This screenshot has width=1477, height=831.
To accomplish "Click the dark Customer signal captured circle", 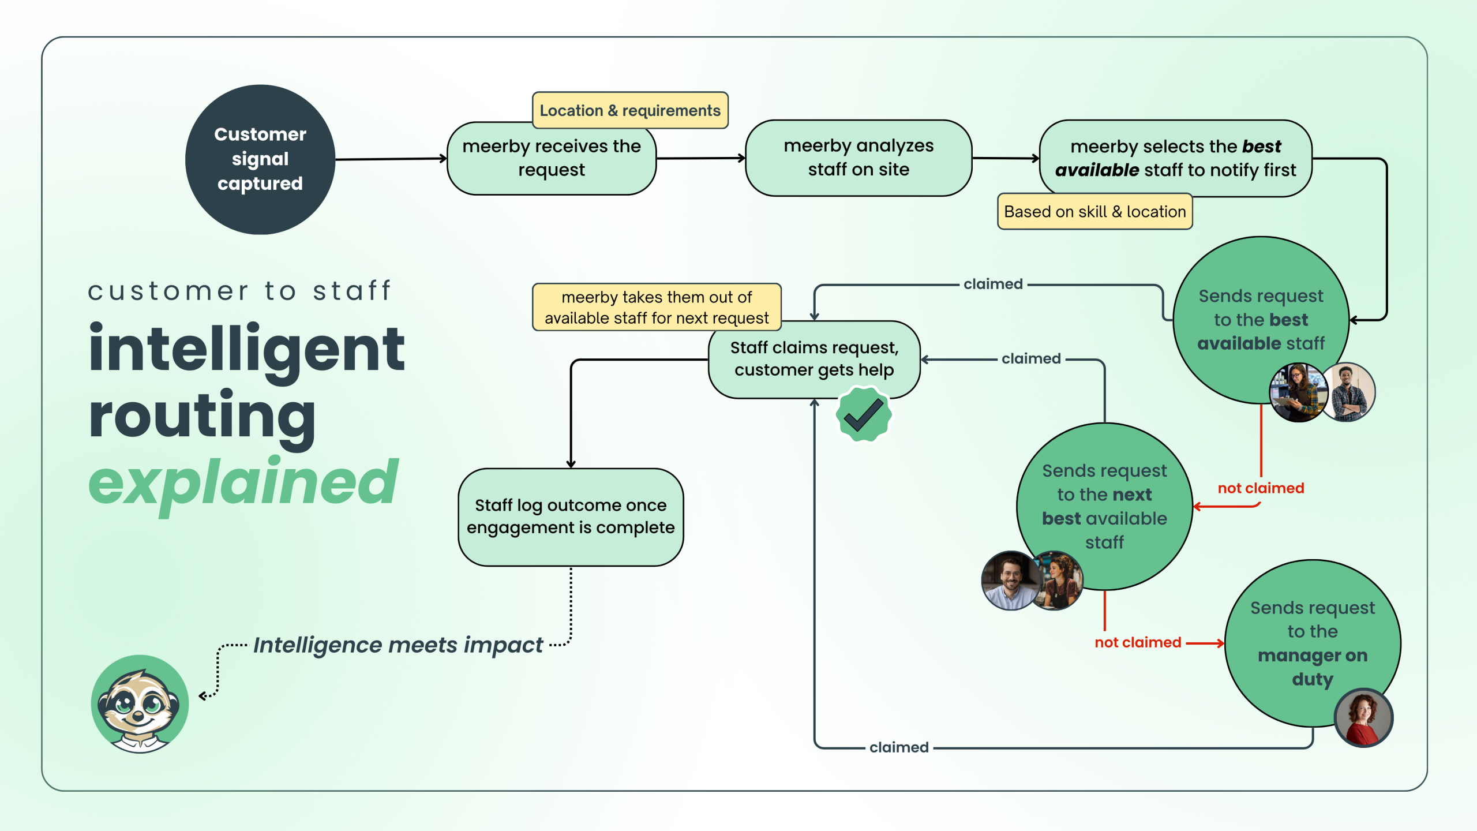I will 260,159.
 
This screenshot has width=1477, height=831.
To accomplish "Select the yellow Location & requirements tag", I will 630,110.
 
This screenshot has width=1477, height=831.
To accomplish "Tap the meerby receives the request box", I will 552,159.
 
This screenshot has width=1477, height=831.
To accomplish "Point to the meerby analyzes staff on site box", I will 859,158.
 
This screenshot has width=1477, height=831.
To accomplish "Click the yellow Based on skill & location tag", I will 1094,212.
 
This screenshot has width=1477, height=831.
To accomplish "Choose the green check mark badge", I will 864,414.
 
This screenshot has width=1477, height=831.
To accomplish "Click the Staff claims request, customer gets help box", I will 814,359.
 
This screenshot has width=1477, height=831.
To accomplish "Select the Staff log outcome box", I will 571,516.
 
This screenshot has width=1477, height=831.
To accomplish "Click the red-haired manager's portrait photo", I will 1363,718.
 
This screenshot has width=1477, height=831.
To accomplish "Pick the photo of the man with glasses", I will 1010,581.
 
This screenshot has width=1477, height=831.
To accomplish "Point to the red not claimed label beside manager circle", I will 1138,642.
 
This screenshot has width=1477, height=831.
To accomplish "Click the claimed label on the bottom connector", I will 899,747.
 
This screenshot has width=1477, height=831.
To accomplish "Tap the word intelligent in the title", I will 247,350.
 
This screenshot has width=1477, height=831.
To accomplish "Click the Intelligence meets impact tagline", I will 398,645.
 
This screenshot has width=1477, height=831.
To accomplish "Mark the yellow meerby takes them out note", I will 657,307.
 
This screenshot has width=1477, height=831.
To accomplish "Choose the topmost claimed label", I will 993,284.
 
